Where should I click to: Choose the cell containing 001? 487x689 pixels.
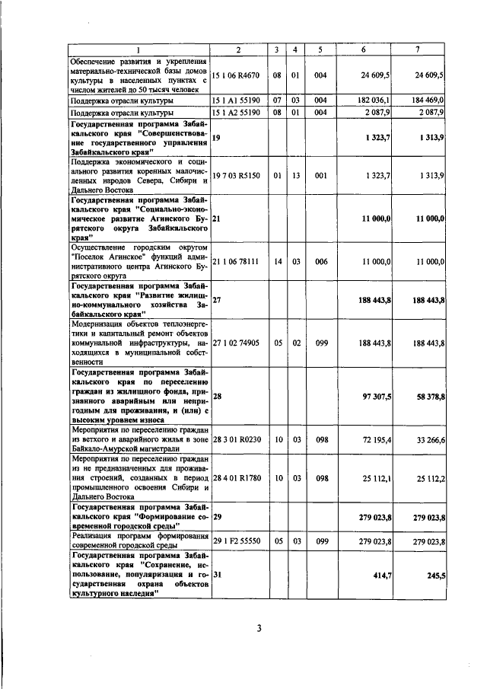pyautogui.click(x=321, y=176)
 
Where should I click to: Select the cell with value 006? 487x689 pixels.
pyautogui.click(x=321, y=261)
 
